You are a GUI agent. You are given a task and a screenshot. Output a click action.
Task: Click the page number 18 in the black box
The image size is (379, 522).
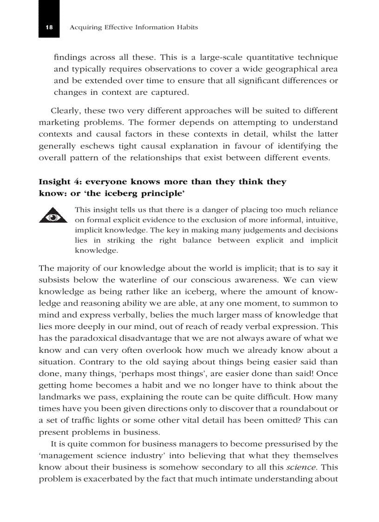click(49, 27)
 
